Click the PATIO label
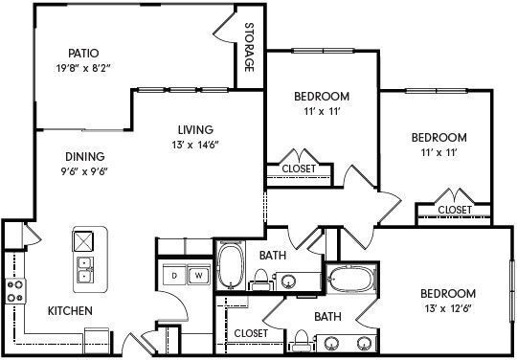point(84,53)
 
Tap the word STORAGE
point(249,47)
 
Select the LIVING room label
point(194,130)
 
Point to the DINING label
point(85,157)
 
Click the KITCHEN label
point(70,311)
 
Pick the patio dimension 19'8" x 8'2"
point(84,68)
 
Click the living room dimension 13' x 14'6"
point(194,146)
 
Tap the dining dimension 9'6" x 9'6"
point(85,172)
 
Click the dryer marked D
point(174,276)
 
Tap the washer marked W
point(198,276)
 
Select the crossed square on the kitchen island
point(84,240)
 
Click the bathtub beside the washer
point(230,266)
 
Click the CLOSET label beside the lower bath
point(250,333)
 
